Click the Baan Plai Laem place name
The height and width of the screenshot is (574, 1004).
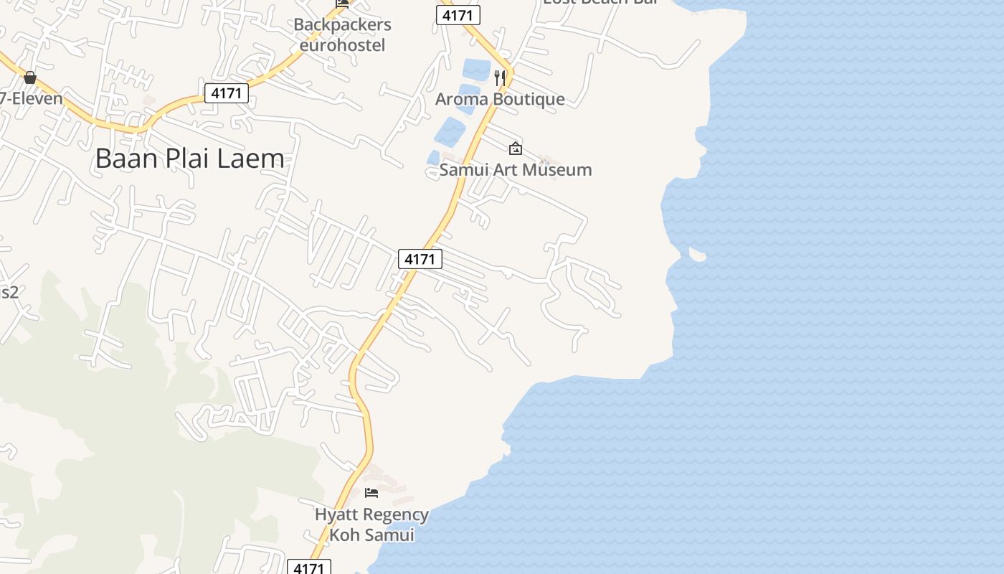click(189, 159)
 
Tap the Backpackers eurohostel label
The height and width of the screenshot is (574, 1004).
click(342, 34)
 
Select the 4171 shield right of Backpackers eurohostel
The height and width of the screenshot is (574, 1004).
click(458, 15)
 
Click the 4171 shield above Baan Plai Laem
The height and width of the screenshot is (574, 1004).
click(227, 93)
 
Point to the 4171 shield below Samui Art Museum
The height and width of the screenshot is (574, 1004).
click(420, 259)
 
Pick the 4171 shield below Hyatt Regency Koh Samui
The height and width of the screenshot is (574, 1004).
click(309, 568)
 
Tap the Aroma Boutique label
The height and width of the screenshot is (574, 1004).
click(500, 99)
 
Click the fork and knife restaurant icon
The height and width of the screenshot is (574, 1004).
click(500, 77)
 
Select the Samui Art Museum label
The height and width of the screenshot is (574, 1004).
click(515, 170)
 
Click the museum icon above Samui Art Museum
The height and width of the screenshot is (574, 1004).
click(515, 149)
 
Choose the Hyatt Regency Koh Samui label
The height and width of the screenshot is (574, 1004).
click(371, 524)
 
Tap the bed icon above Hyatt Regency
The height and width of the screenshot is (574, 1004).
click(371, 492)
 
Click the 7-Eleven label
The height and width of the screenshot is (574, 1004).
click(32, 98)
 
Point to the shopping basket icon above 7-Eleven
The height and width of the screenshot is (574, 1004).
click(30, 77)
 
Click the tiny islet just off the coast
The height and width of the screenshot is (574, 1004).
click(697, 253)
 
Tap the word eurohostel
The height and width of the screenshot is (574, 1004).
click(342, 45)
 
